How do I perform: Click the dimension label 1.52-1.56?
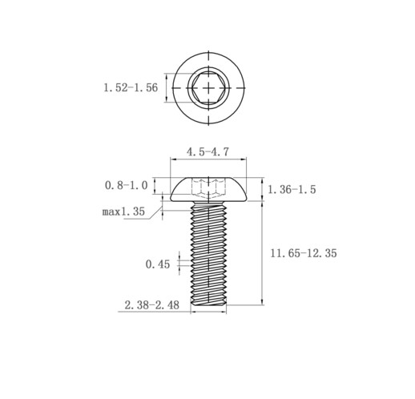pyautogui.click(x=131, y=87)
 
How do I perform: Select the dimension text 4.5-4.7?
pyautogui.click(x=207, y=151)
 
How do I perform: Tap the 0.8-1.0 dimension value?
pyautogui.click(x=126, y=185)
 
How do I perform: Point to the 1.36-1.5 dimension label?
pyautogui.click(x=292, y=189)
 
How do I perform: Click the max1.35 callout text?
pyautogui.click(x=123, y=212)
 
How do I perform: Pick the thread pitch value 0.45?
pyautogui.click(x=158, y=264)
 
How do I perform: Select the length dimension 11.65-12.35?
pyautogui.click(x=304, y=253)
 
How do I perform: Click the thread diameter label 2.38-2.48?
pyautogui.click(x=152, y=305)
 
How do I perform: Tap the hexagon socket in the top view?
pyautogui.click(x=208, y=87)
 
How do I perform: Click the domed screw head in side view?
pyautogui.click(x=208, y=189)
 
